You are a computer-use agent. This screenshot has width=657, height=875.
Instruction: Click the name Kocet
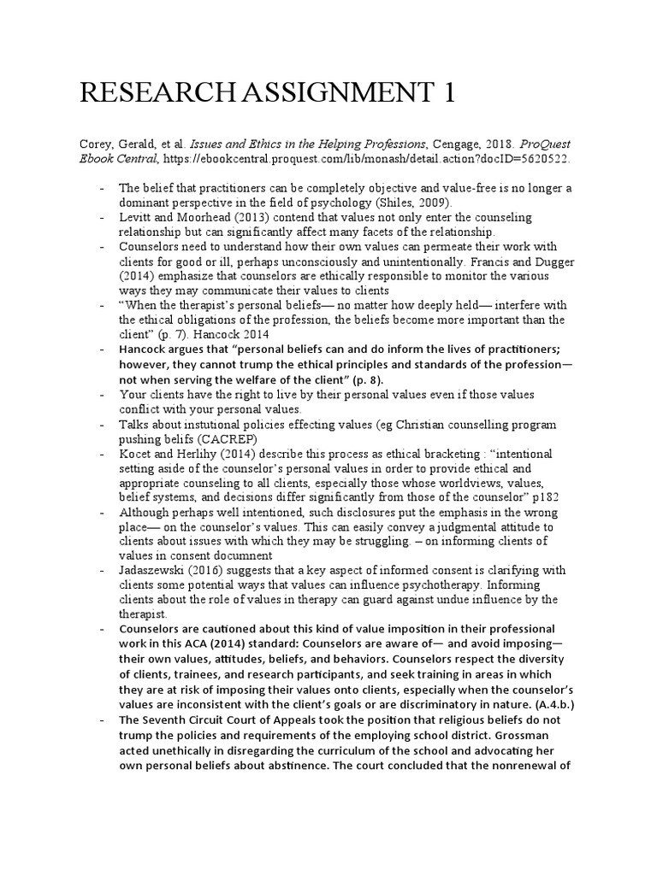point(134,453)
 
